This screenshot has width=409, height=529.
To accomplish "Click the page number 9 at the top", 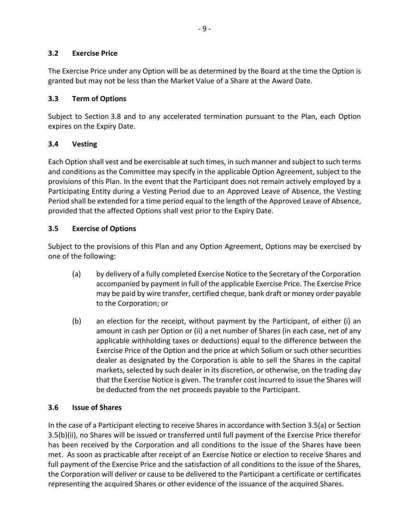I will coord(204,29).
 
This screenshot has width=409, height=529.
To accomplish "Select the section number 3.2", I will coord(53,53).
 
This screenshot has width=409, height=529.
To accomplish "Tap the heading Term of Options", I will coord(99,99).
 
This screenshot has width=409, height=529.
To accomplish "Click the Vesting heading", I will coord(85,144).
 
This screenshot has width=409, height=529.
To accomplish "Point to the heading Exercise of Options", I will coord(104,229).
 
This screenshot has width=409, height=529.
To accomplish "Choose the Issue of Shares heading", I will coord(97,408).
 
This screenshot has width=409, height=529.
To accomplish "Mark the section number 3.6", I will coord(53,408).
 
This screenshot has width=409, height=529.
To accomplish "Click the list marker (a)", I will coord(76,274).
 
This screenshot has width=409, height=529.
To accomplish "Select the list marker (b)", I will coord(76,321).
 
